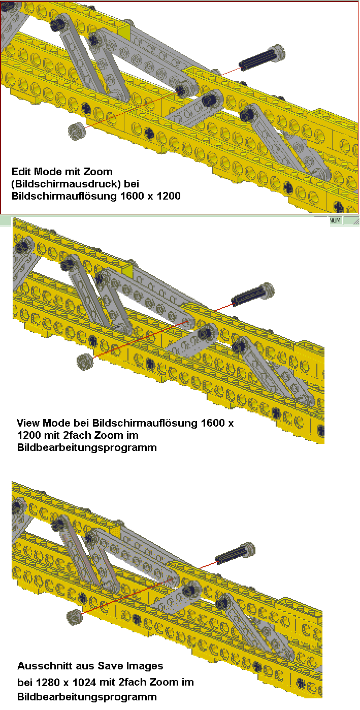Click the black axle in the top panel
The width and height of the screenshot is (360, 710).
click(262, 58)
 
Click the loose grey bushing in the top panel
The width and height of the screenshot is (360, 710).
click(77, 131)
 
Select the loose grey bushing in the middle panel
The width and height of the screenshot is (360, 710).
click(85, 362)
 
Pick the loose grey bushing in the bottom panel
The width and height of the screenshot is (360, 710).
click(75, 618)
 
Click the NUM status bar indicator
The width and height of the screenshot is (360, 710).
click(335, 220)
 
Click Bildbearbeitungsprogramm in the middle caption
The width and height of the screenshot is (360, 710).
click(87, 447)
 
